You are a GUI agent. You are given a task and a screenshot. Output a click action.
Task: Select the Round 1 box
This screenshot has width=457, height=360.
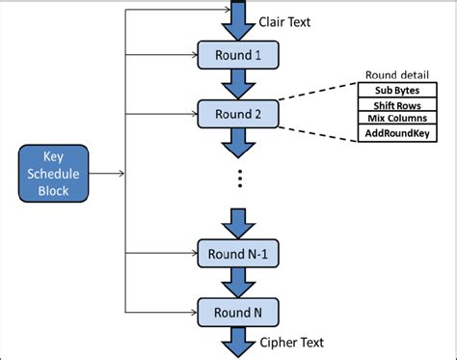coord(236,55)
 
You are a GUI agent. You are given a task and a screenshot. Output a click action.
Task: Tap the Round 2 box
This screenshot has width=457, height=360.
coord(236,114)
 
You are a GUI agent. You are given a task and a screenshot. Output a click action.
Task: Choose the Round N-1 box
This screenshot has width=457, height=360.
coord(236,254)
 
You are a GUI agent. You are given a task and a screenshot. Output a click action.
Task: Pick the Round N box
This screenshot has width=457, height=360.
coord(236,312)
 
